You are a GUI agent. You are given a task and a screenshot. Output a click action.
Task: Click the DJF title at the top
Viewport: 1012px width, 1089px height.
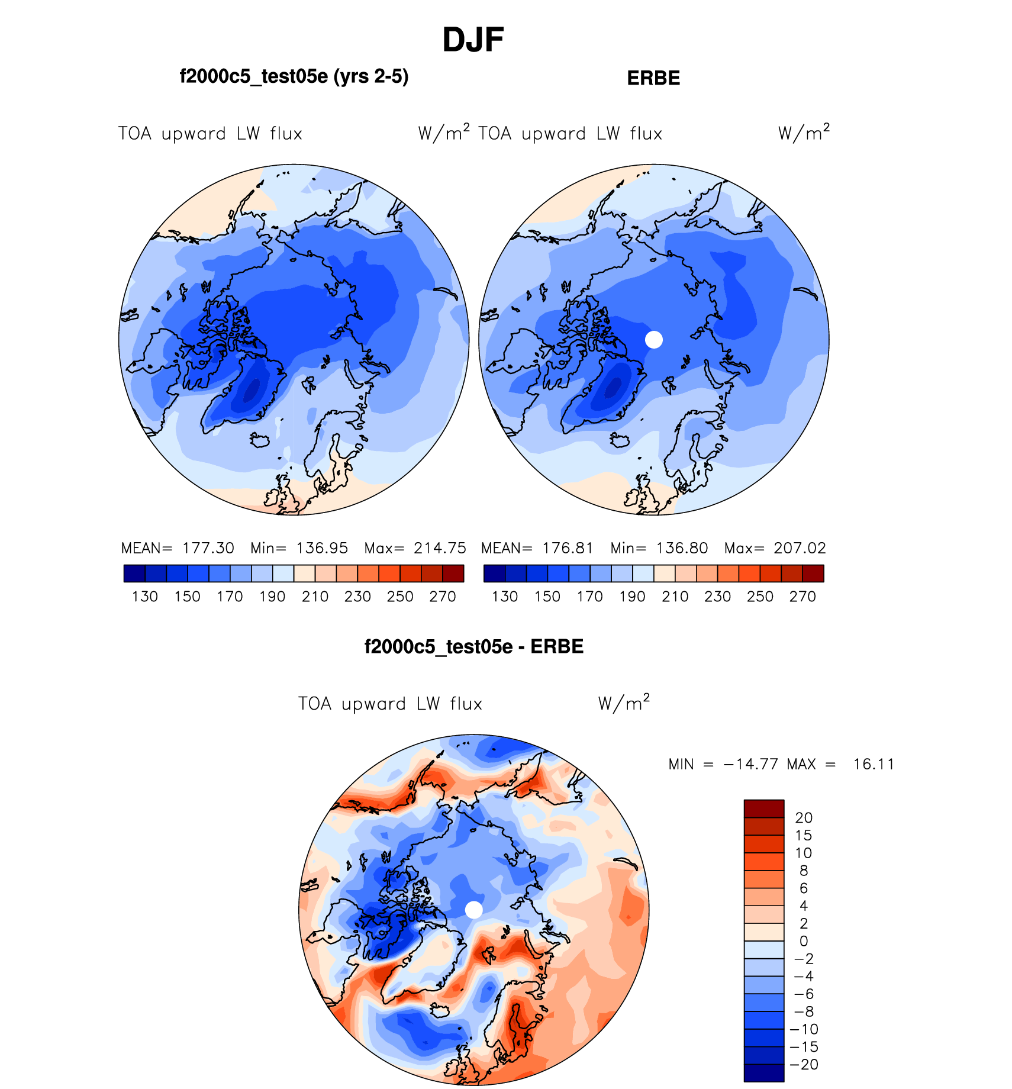473,40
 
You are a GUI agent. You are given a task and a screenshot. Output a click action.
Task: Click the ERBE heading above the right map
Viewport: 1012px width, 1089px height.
653,78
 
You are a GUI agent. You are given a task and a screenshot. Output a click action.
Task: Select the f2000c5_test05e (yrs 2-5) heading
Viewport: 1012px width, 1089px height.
294,76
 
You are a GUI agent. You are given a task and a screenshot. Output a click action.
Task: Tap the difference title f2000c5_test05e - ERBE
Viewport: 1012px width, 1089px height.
474,646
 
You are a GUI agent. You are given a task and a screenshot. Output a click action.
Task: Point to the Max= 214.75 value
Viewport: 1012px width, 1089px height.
415,548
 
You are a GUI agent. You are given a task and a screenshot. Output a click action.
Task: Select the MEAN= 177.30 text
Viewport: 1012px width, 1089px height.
178,548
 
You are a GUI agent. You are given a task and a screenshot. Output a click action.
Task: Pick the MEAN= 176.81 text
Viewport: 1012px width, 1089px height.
537,548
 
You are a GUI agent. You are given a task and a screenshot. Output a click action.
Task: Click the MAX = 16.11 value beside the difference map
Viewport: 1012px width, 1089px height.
840,764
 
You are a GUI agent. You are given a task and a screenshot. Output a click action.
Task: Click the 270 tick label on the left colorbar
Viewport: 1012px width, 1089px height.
443,597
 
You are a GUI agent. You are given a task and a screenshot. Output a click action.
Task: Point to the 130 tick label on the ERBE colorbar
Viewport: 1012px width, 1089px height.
505,597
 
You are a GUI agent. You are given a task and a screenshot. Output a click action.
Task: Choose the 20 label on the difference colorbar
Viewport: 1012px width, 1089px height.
804,817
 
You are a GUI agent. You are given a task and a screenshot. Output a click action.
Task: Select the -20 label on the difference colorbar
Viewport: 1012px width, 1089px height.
804,1064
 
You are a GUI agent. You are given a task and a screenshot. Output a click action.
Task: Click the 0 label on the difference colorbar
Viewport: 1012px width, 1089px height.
804,941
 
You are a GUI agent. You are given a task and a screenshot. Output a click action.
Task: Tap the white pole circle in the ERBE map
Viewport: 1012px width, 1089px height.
654,340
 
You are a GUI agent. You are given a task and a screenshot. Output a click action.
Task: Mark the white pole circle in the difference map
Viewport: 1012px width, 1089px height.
474,910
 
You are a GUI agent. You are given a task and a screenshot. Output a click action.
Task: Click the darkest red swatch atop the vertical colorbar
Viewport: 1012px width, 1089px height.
764,808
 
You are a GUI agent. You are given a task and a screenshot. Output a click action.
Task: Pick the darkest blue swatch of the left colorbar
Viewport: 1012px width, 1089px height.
134,574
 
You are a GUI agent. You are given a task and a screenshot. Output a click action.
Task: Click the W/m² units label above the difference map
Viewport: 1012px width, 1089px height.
624,703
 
